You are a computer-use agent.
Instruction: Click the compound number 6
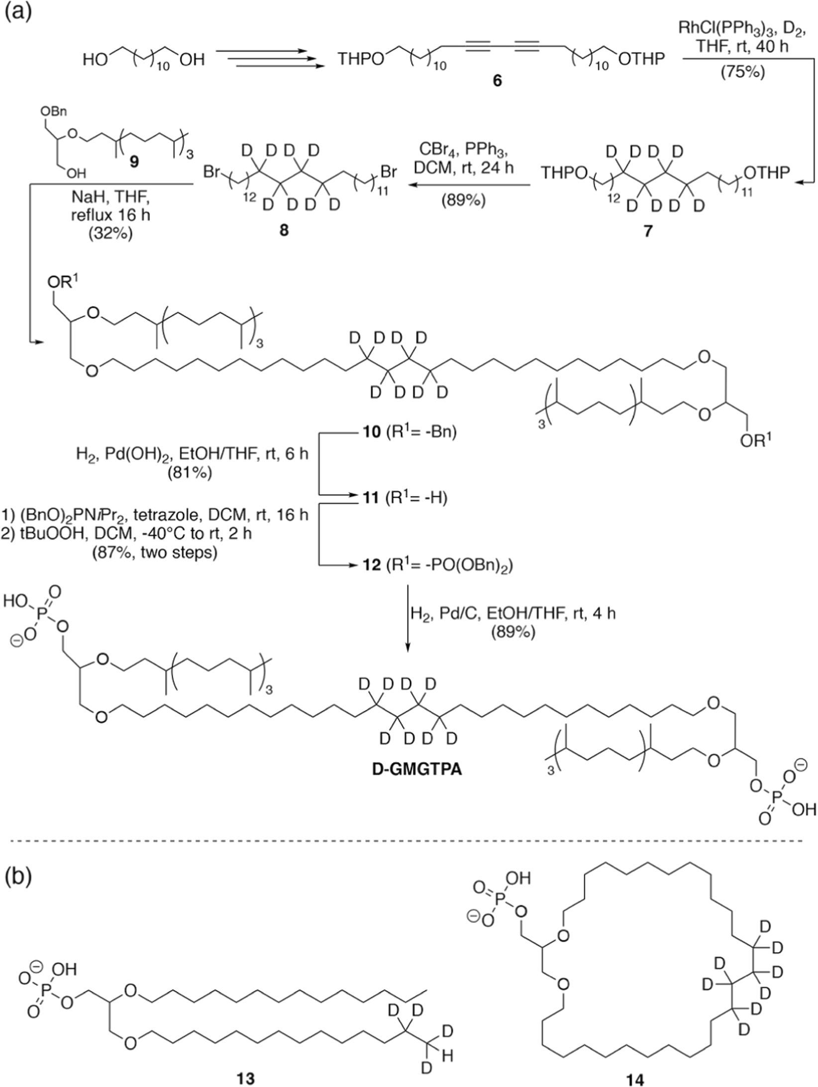(497, 81)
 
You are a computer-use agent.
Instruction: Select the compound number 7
(647, 232)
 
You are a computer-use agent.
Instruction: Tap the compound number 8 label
(284, 232)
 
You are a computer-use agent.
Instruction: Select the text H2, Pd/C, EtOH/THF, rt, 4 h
(512, 613)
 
